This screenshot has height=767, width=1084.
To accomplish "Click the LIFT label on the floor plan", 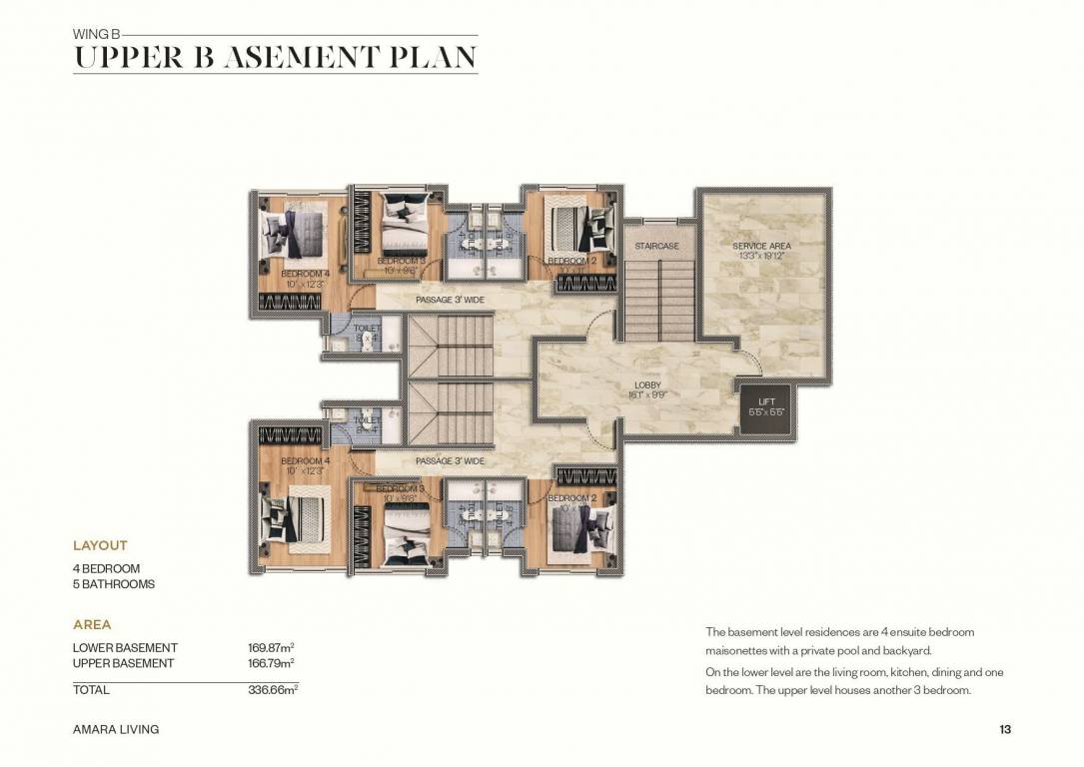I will click(x=767, y=401).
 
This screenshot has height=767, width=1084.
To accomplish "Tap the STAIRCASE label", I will click(x=656, y=246).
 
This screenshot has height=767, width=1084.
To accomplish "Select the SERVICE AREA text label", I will click(x=761, y=246).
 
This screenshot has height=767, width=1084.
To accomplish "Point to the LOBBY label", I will click(x=647, y=385).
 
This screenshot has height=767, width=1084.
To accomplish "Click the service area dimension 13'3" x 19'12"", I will click(x=761, y=255).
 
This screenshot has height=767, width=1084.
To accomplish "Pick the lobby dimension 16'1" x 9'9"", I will click(x=647, y=394).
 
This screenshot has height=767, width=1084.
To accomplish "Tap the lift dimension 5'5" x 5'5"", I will click(x=767, y=411).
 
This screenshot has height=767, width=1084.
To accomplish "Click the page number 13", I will click(x=1005, y=729).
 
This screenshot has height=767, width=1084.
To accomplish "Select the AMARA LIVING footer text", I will click(x=116, y=729).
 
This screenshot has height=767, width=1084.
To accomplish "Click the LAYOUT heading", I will click(x=100, y=545).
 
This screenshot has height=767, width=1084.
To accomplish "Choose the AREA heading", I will click(x=92, y=624).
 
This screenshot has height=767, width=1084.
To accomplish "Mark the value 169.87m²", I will click(x=271, y=648).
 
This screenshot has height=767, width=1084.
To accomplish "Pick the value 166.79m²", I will click(x=271, y=663).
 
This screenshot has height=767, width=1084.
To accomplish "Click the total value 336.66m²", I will click(x=273, y=690).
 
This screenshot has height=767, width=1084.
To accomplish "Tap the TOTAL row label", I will click(x=91, y=690).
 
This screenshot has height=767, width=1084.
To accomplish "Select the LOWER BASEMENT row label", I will click(x=125, y=648).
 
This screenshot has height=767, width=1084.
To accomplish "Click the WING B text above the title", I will click(x=95, y=33).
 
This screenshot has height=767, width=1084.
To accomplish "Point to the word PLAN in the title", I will click(x=427, y=57).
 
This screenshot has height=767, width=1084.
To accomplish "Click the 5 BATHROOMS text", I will click(x=114, y=584).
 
